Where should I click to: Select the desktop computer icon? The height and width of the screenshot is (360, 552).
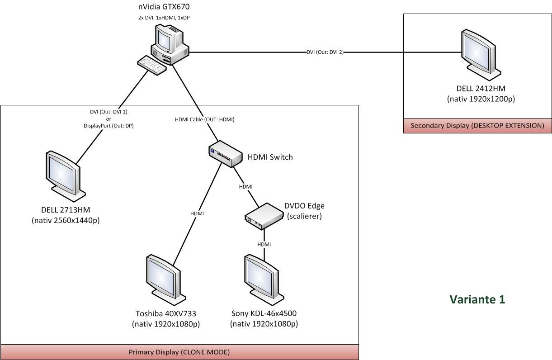(170, 44)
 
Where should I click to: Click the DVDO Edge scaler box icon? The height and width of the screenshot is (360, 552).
(262, 213)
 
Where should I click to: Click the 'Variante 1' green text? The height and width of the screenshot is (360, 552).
(477, 299)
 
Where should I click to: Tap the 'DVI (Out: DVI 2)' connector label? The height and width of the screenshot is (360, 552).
(325, 52)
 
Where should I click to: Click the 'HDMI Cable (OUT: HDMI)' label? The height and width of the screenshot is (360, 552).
(204, 120)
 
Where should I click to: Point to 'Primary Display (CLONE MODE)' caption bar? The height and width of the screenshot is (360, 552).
(179, 352)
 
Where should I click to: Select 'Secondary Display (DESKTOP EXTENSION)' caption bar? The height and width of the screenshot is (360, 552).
(477, 125)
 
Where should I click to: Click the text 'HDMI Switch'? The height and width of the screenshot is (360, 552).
(270, 157)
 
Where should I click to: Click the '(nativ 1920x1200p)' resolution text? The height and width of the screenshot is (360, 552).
(480, 98)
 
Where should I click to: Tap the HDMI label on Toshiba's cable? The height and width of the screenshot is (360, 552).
(197, 213)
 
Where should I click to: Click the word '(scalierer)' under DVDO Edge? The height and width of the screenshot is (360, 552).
(304, 216)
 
